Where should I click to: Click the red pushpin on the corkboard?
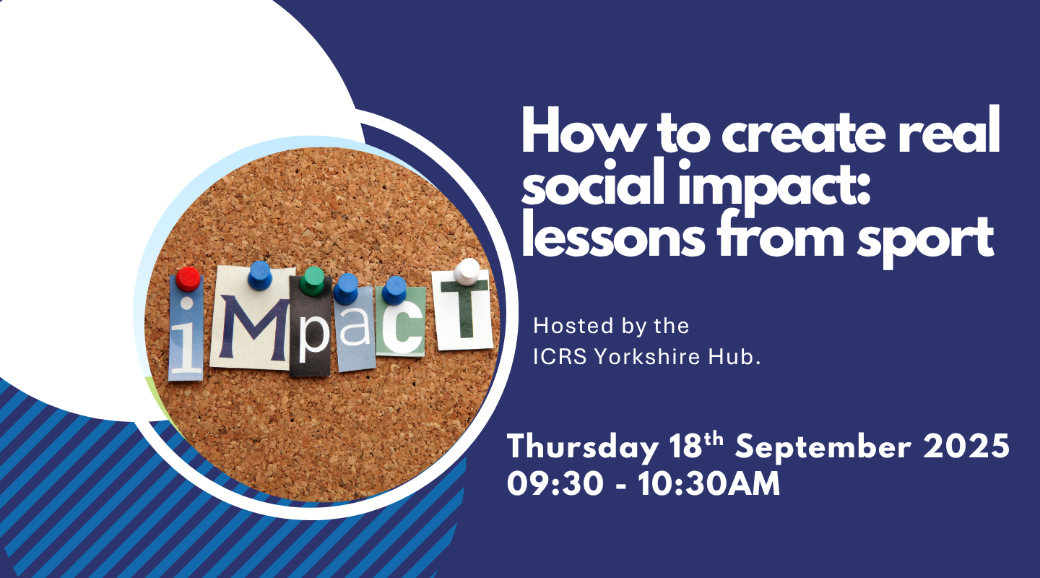188,279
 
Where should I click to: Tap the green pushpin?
311,281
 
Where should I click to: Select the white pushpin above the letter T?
467,272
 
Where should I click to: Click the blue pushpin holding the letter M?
259,275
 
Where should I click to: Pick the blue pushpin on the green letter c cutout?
394,290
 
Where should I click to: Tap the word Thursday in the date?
583,448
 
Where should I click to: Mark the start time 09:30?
555,484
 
